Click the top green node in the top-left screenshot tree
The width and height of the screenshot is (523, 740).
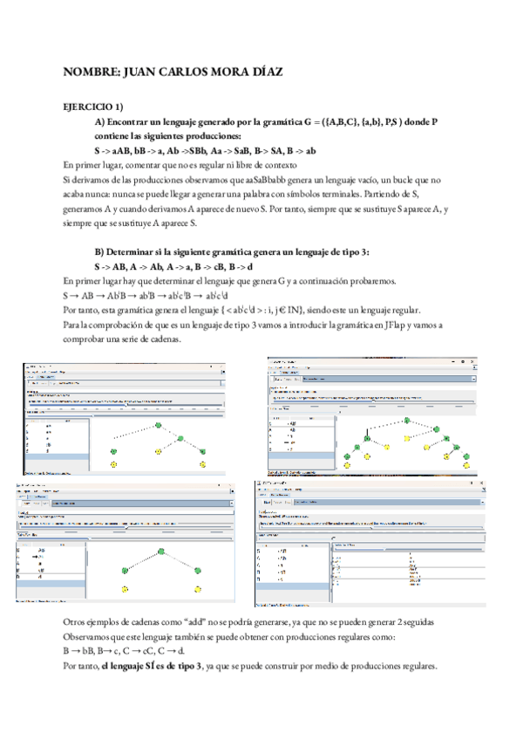(x=160, y=425)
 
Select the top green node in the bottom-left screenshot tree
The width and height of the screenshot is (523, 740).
(x=161, y=551)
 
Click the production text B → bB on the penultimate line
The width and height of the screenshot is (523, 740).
(x=80, y=651)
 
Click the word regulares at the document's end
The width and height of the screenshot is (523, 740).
(x=414, y=666)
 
